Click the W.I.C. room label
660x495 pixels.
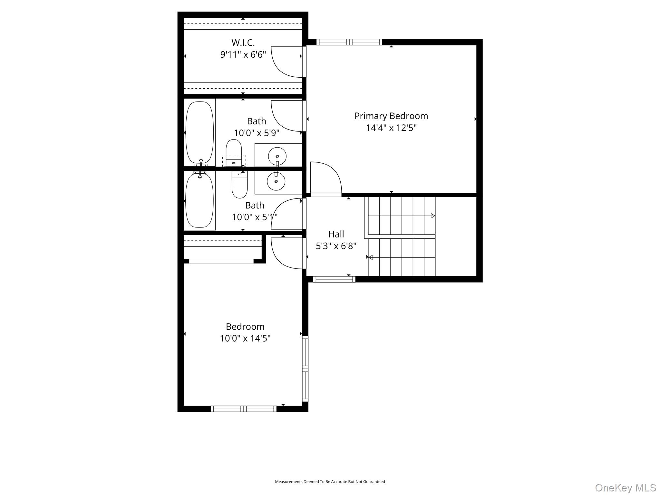click(x=243, y=43)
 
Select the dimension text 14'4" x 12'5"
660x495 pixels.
click(x=391, y=128)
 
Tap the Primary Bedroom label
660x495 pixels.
click(x=391, y=116)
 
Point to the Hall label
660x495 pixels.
click(x=336, y=234)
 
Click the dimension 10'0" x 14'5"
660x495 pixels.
click(x=245, y=338)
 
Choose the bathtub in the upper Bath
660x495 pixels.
click(x=200, y=132)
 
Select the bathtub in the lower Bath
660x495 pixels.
click(x=200, y=200)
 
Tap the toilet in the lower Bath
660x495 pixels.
click(x=239, y=185)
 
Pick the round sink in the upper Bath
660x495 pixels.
click(x=277, y=156)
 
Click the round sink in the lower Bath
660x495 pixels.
click(x=276, y=181)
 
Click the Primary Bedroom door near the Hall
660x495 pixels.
click(x=325, y=179)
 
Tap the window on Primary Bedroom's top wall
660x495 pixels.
click(x=349, y=42)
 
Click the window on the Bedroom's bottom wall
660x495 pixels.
click(x=244, y=409)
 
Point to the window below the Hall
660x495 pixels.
click(x=334, y=279)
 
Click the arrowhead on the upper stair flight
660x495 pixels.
click(x=433, y=216)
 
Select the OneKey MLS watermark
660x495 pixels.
click(x=625, y=488)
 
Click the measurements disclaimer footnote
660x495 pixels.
click(x=330, y=481)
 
